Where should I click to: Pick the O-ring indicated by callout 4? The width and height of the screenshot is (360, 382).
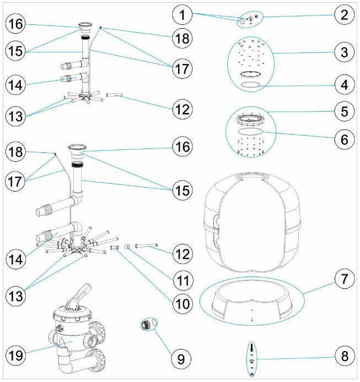[253, 84]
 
